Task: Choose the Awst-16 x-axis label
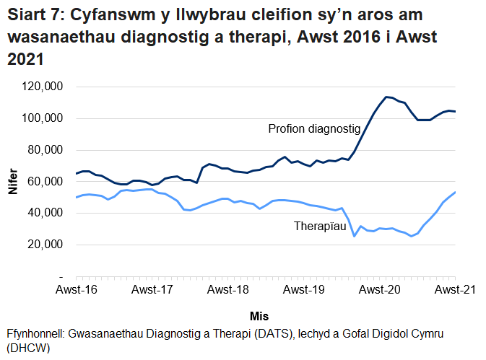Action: [x=77, y=291]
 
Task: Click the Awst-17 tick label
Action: [x=153, y=291]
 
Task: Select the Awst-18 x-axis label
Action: [x=228, y=291]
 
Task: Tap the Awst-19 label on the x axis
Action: [x=304, y=291]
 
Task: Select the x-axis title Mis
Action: [x=259, y=316]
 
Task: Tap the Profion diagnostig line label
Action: [x=314, y=129]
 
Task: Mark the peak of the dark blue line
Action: [x=387, y=97]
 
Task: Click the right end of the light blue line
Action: [x=455, y=192]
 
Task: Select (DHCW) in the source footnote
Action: [x=27, y=347]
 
